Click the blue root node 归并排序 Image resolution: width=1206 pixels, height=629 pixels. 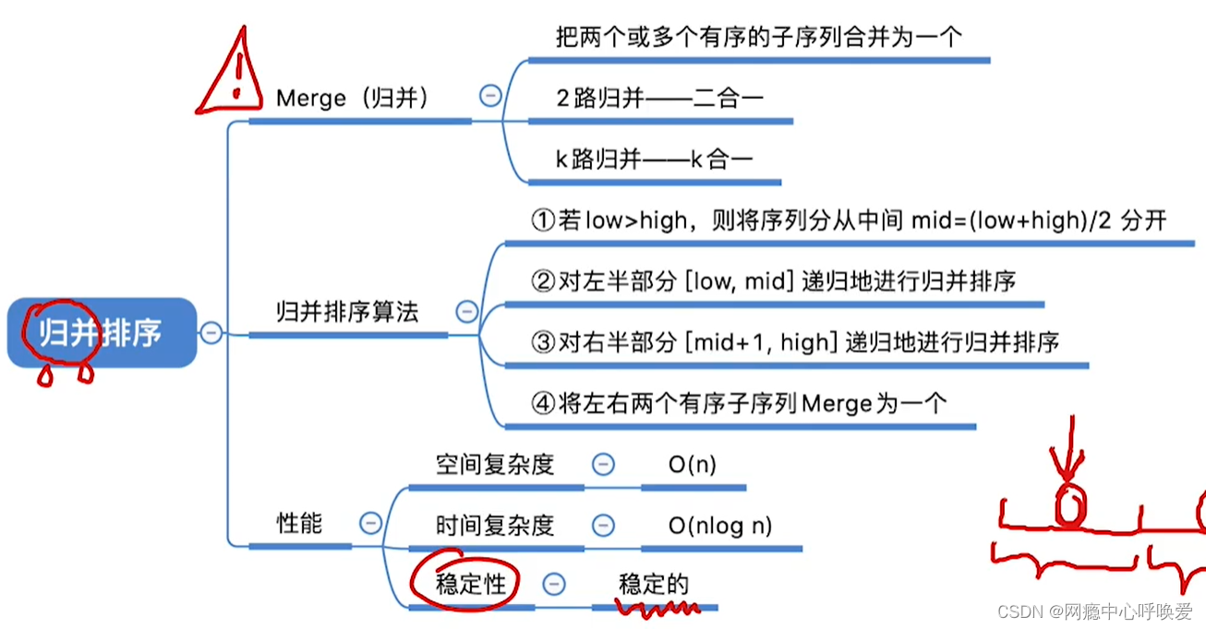point(102,333)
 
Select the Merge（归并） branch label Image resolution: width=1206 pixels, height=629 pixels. point(353,98)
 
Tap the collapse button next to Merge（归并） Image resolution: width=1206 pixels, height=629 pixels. point(490,95)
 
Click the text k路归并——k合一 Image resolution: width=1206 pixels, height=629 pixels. point(654,159)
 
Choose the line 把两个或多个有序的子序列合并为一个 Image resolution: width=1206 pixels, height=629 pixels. point(758,37)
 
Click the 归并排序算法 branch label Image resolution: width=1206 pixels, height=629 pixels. point(347,311)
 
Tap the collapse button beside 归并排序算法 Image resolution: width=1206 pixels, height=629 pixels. point(467,311)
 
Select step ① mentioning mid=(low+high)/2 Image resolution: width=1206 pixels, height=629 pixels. point(849,221)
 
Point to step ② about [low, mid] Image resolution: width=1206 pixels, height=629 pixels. point(773,281)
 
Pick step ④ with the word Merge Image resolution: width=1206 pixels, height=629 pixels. point(739,404)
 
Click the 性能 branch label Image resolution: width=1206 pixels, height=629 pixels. point(300,523)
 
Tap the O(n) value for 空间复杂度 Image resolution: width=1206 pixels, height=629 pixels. point(693,465)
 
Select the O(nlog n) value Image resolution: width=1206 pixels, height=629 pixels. point(720,526)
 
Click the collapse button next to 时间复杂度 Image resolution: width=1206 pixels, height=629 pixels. point(603,525)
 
